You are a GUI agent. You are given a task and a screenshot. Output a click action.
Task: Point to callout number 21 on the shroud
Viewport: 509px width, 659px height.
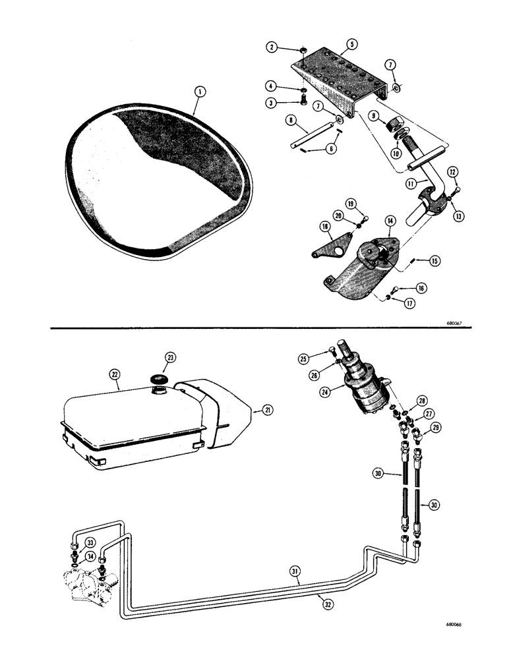(268, 411)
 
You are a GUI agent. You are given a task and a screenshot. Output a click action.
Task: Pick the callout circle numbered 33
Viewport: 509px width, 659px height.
(73, 543)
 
